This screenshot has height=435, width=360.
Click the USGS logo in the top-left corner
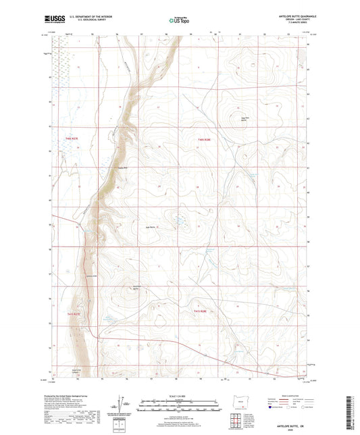pos(49,20)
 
